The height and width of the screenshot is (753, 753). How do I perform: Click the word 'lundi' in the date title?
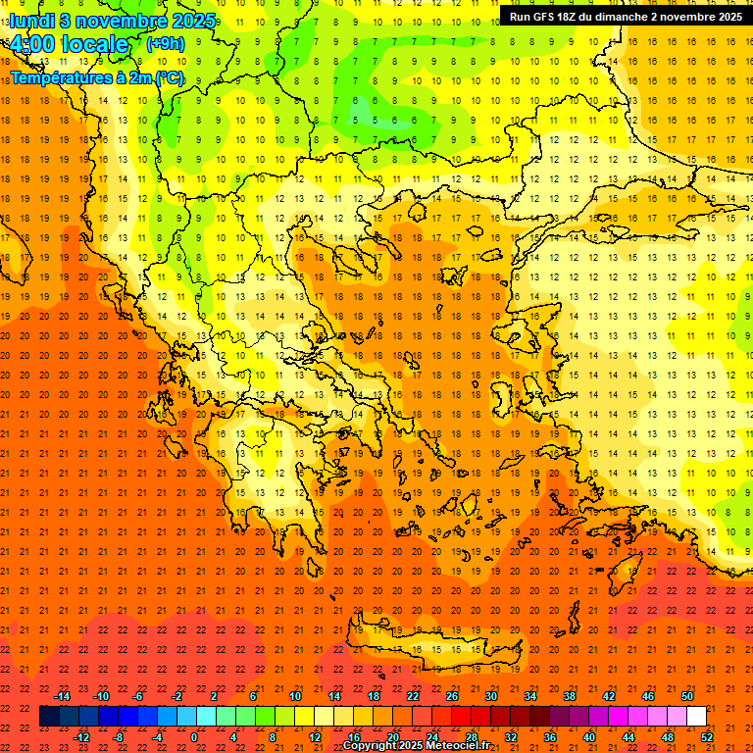[30, 20]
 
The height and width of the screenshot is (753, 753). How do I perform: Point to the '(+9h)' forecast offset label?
[164, 43]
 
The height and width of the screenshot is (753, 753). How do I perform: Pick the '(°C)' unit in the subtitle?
[169, 76]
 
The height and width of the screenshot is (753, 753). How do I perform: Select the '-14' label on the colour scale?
[63, 696]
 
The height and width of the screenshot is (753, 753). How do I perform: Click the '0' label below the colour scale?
[193, 736]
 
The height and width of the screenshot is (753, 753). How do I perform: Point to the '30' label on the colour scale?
[490, 696]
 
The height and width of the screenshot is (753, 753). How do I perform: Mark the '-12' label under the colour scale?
[81, 736]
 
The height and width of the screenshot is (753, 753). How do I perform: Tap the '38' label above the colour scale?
[569, 696]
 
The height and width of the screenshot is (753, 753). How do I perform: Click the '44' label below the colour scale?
[628, 736]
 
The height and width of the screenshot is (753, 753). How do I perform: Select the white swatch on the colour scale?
[696, 717]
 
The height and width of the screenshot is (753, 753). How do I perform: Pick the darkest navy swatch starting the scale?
[49, 717]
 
